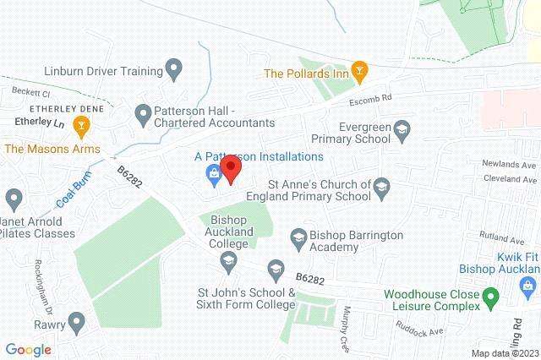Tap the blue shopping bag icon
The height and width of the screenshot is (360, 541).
pos(213,174)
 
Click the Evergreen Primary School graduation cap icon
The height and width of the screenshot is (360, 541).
pos(402,128)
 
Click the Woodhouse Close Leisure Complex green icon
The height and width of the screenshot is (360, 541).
pos(499,295)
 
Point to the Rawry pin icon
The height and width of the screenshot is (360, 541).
pos(77,321)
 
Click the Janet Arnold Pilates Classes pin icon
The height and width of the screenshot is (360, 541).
pos(13,200)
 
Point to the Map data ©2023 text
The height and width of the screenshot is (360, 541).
pos(504,352)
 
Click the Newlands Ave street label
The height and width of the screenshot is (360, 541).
pos(505,165)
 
